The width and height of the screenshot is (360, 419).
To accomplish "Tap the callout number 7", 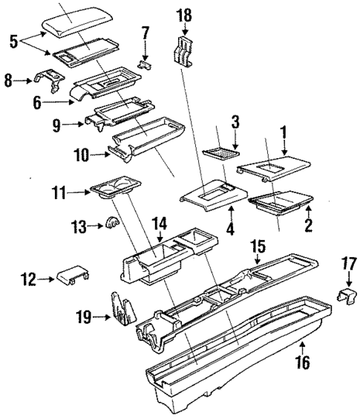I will (145, 34).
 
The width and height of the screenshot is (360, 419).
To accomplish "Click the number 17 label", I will (349, 264).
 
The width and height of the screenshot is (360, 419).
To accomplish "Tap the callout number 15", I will (257, 245).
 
